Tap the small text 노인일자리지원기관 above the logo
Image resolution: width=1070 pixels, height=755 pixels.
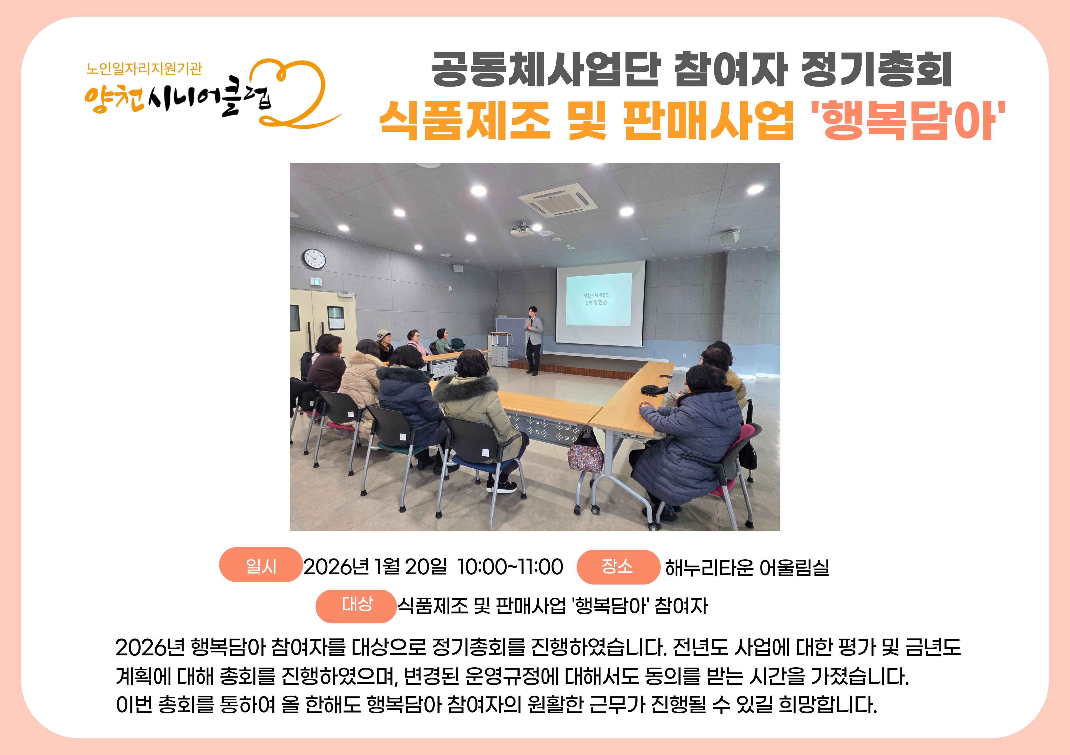click(x=144, y=69)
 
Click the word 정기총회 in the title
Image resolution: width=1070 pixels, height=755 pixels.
click(x=876, y=70)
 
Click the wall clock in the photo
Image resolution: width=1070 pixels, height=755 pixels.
click(x=314, y=259)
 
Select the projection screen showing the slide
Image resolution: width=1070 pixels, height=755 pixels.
click(x=601, y=303)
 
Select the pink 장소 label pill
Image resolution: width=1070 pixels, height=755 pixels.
click(x=618, y=566)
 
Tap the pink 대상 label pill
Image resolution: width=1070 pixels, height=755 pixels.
click(x=356, y=605)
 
